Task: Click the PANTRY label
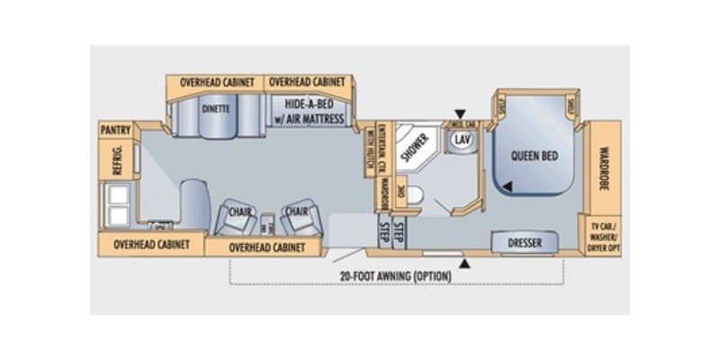(116, 130)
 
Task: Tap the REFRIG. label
(116, 161)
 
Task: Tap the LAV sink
(463, 140)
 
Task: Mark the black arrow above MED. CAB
(460, 113)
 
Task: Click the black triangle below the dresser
(465, 263)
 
